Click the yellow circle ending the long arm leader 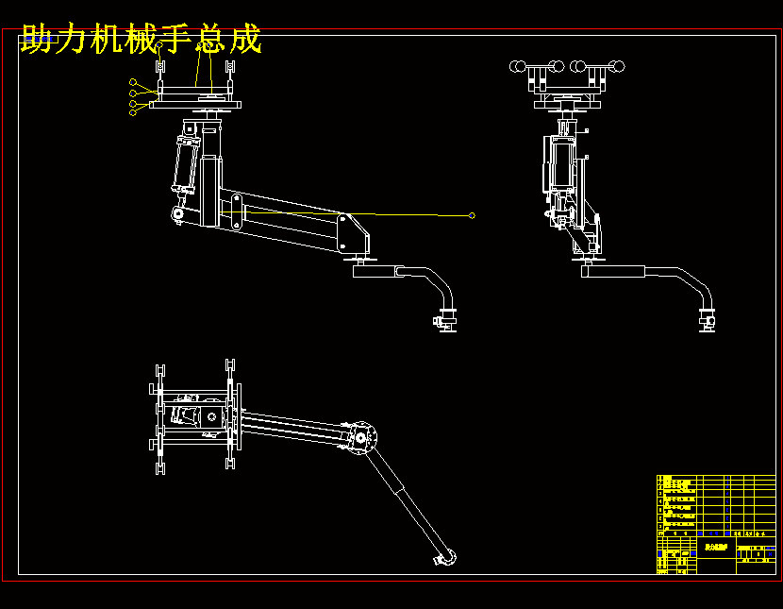coord(472,215)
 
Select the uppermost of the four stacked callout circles coord(133,83)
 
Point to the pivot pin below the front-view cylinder coord(177,216)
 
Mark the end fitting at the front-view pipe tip coord(447,320)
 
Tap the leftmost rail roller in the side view coord(517,66)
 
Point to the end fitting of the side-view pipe coord(707,320)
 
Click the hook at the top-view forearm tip coord(446,559)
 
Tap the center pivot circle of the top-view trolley coord(212,415)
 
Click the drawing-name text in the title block coord(717,547)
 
